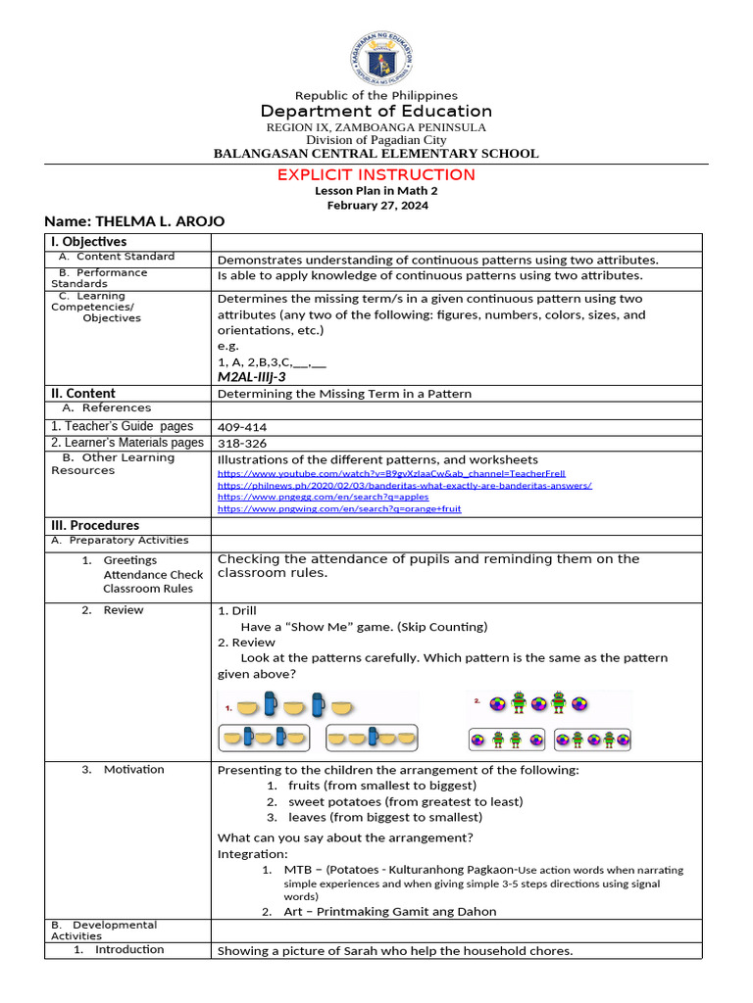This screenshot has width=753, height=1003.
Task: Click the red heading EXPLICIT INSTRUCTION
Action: pos(376,174)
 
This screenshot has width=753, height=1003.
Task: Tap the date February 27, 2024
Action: pos(376,206)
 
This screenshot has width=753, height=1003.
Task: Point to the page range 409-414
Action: pos(241,427)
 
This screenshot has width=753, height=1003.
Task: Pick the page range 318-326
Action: pos(241,444)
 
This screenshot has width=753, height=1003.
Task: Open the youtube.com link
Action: pos(390,473)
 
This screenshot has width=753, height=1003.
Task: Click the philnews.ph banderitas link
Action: pos(404,485)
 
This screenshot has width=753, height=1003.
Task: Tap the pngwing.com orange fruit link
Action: pos(338,508)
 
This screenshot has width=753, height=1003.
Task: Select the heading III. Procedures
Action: pos(95,525)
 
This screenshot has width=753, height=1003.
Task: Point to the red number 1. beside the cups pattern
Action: pos(228,706)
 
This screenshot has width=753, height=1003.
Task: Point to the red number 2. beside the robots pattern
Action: pos(477,701)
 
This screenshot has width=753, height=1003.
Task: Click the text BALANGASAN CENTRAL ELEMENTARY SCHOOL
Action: pos(376,153)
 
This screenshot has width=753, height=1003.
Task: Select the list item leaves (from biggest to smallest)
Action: pos(384,817)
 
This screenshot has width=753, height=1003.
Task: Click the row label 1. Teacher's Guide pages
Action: pos(123,426)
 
